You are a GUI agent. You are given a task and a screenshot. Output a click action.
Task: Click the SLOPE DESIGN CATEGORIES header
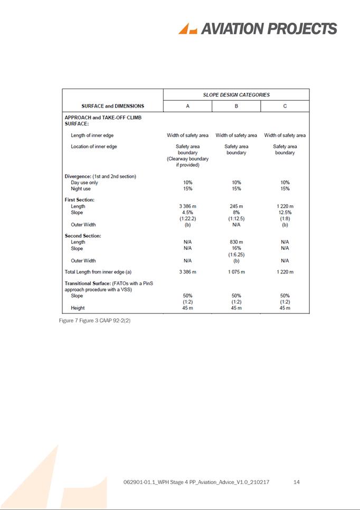(236, 95)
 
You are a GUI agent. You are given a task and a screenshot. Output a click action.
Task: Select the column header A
(187, 106)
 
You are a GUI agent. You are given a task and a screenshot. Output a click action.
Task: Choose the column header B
(236, 106)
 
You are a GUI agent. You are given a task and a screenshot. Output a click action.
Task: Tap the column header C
(285, 106)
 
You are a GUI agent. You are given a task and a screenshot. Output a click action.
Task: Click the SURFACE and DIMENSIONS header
(112, 106)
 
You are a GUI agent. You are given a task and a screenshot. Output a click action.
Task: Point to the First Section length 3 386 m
(187, 206)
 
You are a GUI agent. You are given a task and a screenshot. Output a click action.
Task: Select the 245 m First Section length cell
(236, 206)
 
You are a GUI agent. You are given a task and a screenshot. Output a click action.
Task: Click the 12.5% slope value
(285, 213)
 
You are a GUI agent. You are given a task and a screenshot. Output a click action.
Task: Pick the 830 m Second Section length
(236, 242)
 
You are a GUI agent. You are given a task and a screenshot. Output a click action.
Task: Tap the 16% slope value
(236, 249)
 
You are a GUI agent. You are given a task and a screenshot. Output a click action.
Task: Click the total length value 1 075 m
(236, 272)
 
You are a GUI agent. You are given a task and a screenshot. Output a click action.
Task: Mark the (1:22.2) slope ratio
(187, 219)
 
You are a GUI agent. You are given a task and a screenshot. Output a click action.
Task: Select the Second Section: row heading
(83, 236)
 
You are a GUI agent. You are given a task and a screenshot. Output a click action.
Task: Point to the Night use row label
(81, 188)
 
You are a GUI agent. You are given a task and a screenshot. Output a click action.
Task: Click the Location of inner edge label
(94, 146)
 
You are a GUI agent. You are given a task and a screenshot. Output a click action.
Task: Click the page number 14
(296, 483)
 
